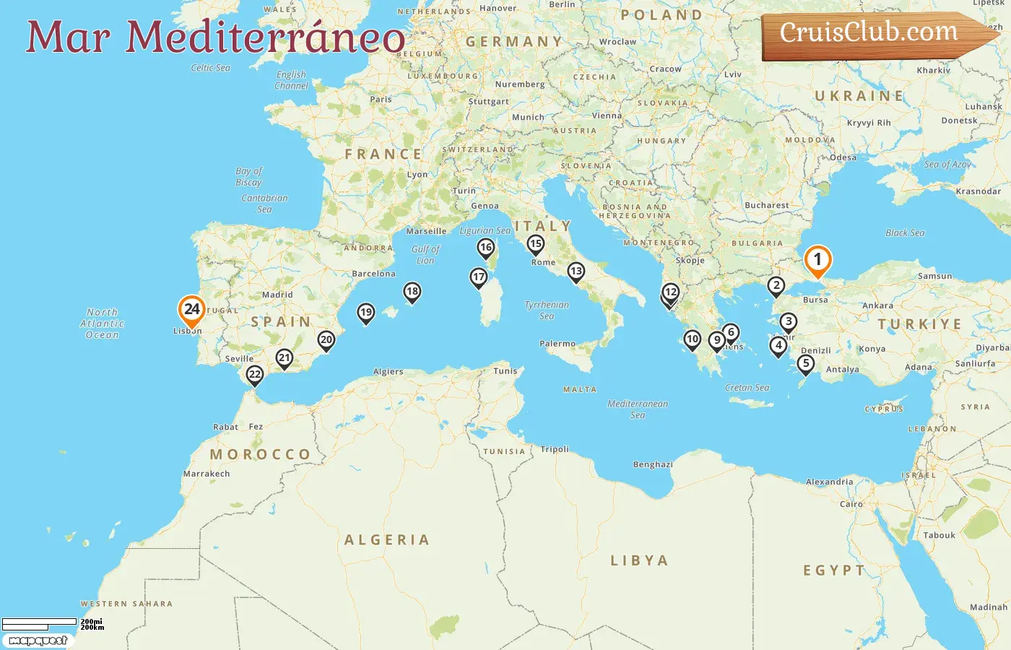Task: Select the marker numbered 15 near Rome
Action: [x=535, y=244]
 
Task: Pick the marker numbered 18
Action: [x=412, y=292]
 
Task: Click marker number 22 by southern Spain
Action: [x=254, y=375]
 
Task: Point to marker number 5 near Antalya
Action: [x=806, y=364]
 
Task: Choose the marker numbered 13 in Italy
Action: [x=576, y=272]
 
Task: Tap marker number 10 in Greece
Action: [x=692, y=339]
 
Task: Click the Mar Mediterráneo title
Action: [x=215, y=38]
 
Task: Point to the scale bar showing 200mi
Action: [x=40, y=622]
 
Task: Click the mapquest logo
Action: [x=38, y=640]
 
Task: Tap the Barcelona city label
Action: [x=373, y=274]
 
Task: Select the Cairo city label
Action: [x=851, y=504]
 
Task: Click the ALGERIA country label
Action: [x=387, y=540]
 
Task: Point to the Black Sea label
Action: [x=905, y=233]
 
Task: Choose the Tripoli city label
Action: [x=555, y=449]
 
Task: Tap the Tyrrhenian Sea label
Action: [x=547, y=310]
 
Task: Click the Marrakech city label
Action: [x=207, y=474]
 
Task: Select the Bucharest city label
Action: [x=767, y=205]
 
